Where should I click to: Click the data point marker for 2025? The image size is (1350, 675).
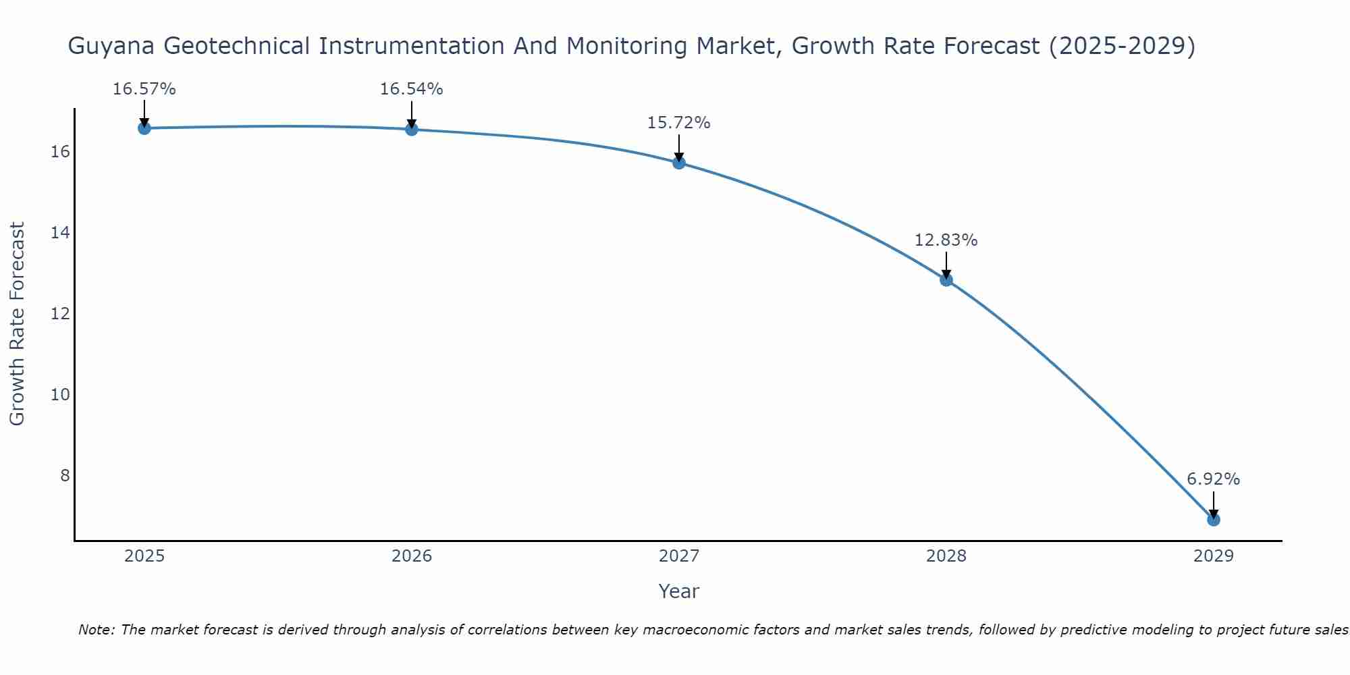tap(144, 128)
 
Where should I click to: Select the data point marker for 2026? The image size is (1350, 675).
tap(412, 129)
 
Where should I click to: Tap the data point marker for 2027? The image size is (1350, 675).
tap(679, 163)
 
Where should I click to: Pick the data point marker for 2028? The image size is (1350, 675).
tap(946, 279)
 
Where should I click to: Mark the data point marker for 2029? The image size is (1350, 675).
tap(1213, 519)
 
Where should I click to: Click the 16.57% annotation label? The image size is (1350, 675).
tap(144, 89)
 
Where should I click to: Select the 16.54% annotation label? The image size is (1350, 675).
tap(412, 89)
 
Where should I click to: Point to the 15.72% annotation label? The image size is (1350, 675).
tap(679, 123)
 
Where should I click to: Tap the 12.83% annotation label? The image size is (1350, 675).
tap(946, 240)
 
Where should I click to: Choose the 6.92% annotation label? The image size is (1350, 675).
tap(1213, 479)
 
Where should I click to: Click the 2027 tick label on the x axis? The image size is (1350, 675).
tap(679, 556)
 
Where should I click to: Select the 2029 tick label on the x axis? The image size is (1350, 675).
tap(1213, 556)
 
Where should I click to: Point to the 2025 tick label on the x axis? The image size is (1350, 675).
tap(144, 556)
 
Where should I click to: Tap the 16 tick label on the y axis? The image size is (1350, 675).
tap(60, 152)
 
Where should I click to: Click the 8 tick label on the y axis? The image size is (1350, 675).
tap(65, 476)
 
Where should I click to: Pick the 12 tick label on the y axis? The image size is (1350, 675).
tap(60, 314)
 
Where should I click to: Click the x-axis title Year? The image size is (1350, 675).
tap(678, 591)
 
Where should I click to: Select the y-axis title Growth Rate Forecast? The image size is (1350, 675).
tap(18, 324)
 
